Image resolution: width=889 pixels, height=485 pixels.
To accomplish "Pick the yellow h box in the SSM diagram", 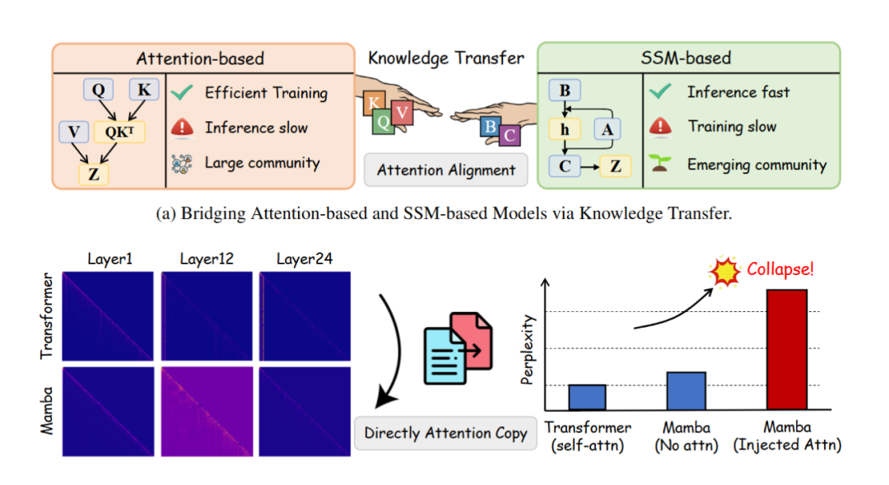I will click(564, 129).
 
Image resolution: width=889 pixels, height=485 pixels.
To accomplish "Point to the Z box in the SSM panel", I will click(615, 166).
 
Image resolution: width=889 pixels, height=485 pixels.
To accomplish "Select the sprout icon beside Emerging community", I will click(660, 164).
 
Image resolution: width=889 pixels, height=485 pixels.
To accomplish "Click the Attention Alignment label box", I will click(445, 170).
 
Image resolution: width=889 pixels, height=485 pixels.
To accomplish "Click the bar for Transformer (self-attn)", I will click(587, 397).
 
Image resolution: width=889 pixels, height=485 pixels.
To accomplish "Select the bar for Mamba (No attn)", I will click(686, 390).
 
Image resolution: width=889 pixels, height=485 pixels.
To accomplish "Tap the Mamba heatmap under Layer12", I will click(207, 411).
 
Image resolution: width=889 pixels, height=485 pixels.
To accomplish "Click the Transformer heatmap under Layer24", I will click(304, 317).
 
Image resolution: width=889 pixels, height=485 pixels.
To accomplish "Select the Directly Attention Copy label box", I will click(445, 433).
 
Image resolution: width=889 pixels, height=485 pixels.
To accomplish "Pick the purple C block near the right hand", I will click(510, 134).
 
